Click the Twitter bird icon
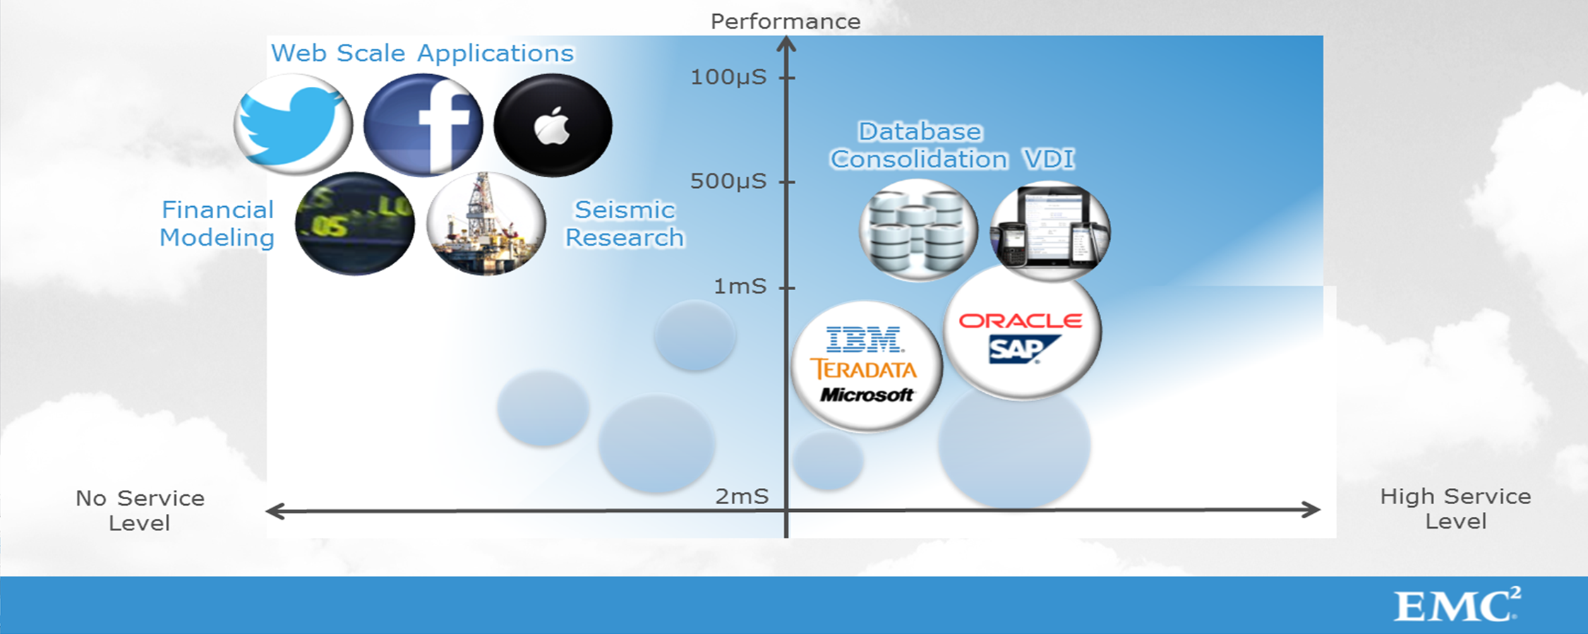(293, 125)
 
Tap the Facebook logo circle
(423, 125)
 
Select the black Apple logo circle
(553, 125)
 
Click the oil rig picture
(486, 223)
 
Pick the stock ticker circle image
(355, 223)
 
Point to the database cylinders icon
(918, 230)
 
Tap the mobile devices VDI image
(1050, 230)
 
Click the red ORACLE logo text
(1021, 321)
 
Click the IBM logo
(865, 340)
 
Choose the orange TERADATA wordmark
(863, 369)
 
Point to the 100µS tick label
(728, 77)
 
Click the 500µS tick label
(728, 181)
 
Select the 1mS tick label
(740, 286)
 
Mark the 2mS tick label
(742, 496)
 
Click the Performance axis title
(786, 21)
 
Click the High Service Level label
(1455, 509)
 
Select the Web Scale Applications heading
(422, 54)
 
